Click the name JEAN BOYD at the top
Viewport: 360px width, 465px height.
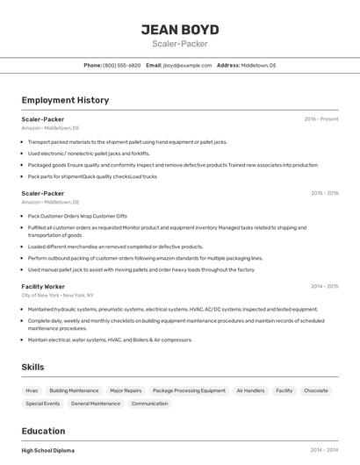pos(180,29)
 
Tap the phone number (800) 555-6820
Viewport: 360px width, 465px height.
pos(121,65)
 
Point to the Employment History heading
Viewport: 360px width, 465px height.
pos(65,100)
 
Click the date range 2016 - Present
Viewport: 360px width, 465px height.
pos(320,118)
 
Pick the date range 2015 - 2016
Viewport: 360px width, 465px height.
pos(324,193)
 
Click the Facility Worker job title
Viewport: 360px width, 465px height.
pos(43,286)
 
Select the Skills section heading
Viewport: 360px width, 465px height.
pos(32,367)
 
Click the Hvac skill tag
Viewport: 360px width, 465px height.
pos(32,390)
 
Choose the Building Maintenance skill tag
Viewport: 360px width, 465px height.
pos(74,390)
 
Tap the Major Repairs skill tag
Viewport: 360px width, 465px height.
pos(126,390)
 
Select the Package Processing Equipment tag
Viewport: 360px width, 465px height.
pos(189,390)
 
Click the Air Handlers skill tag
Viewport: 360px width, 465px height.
pos(250,390)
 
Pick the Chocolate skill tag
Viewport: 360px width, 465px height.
pos(315,390)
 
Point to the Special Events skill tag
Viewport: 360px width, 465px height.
pos(42,404)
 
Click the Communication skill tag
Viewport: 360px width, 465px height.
pos(149,404)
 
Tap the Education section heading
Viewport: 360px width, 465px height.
pos(43,431)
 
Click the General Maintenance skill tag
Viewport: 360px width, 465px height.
pos(96,404)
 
